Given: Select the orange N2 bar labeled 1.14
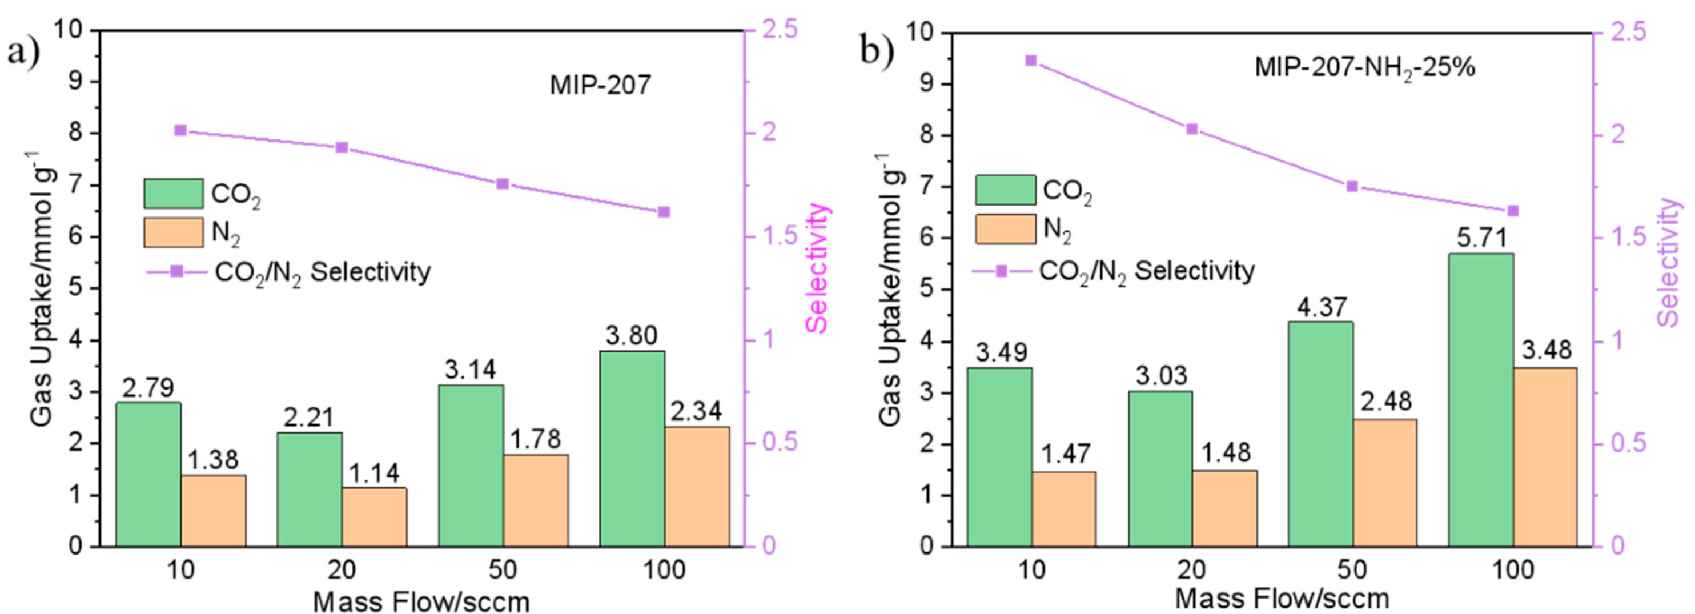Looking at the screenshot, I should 373,516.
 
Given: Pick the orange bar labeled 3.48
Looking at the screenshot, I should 1545,457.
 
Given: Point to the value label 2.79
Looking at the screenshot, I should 148,388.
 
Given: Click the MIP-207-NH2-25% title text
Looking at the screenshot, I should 1365,68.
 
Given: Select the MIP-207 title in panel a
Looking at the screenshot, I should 600,85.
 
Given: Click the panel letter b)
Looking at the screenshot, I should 878,50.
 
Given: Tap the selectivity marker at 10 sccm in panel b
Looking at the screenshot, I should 1030,61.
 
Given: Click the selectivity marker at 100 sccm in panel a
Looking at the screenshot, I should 663,212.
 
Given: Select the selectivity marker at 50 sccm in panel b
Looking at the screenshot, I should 1352,186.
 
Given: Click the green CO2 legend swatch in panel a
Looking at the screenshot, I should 174,194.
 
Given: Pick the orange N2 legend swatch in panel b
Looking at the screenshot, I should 1005,229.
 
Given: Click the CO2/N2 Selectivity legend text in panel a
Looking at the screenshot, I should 323,272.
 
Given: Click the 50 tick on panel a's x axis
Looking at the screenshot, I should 502,570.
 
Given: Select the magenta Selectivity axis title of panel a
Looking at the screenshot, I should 817,268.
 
